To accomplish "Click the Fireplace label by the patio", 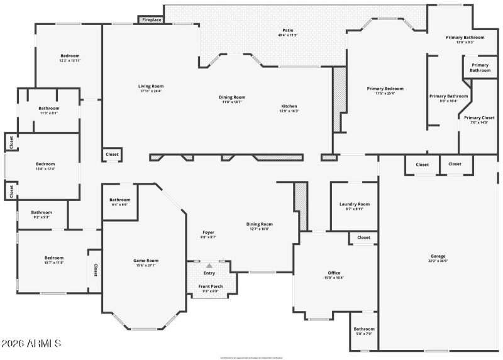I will pyautogui.click(x=152, y=20).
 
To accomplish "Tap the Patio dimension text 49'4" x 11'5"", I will pyautogui.click(x=288, y=35).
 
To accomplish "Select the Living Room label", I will pyautogui.click(x=151, y=86).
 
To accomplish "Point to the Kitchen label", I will pyautogui.click(x=289, y=106).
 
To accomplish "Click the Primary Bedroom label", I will pyautogui.click(x=385, y=89).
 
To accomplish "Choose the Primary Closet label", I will pyautogui.click(x=479, y=117).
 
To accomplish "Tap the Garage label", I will pyautogui.click(x=438, y=256).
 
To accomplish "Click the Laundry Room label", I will pyautogui.click(x=354, y=204).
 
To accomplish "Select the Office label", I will pyautogui.click(x=334, y=273).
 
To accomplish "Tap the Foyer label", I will pyautogui.click(x=208, y=232).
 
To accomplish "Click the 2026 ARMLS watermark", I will pyautogui.click(x=31, y=344).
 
